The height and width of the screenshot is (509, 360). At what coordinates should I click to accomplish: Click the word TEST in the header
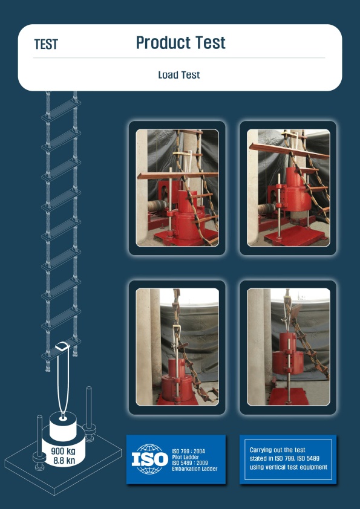click(46, 44)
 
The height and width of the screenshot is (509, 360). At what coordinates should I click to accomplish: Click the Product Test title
click(181, 42)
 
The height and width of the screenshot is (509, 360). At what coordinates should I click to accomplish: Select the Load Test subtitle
click(179, 75)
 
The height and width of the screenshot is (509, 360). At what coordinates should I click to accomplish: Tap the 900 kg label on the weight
click(64, 451)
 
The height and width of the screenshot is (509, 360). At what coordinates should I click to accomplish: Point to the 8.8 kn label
click(64, 460)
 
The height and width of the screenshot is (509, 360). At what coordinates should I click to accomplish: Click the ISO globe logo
click(150, 459)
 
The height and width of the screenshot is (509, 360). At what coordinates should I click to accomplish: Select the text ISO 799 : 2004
click(188, 451)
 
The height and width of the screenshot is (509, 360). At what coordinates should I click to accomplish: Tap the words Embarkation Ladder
click(195, 468)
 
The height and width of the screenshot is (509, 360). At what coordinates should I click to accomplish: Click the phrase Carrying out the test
click(278, 450)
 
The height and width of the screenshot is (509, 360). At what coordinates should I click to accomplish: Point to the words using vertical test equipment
click(289, 467)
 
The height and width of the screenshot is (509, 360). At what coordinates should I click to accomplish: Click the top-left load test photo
click(177, 187)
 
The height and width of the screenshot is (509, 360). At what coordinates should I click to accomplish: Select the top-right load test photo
click(288, 187)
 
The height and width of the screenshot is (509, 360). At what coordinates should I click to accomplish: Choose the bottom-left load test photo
click(177, 347)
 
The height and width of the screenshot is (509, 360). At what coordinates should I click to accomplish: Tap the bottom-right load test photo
click(288, 347)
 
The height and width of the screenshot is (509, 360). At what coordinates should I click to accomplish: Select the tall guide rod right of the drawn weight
click(89, 414)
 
